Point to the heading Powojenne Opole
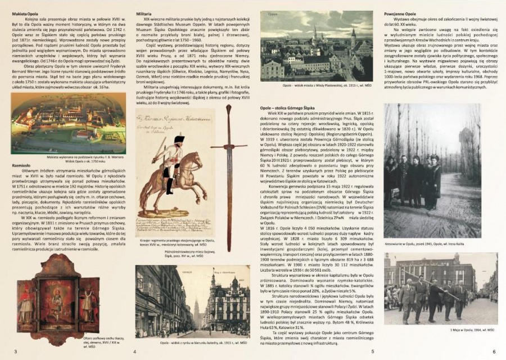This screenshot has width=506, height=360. pos(400,12)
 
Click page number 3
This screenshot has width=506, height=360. pos(15,352)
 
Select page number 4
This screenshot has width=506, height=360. pos(134,352)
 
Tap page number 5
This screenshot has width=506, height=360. pos(372,352)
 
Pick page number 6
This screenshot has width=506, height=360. pos(494,352)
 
